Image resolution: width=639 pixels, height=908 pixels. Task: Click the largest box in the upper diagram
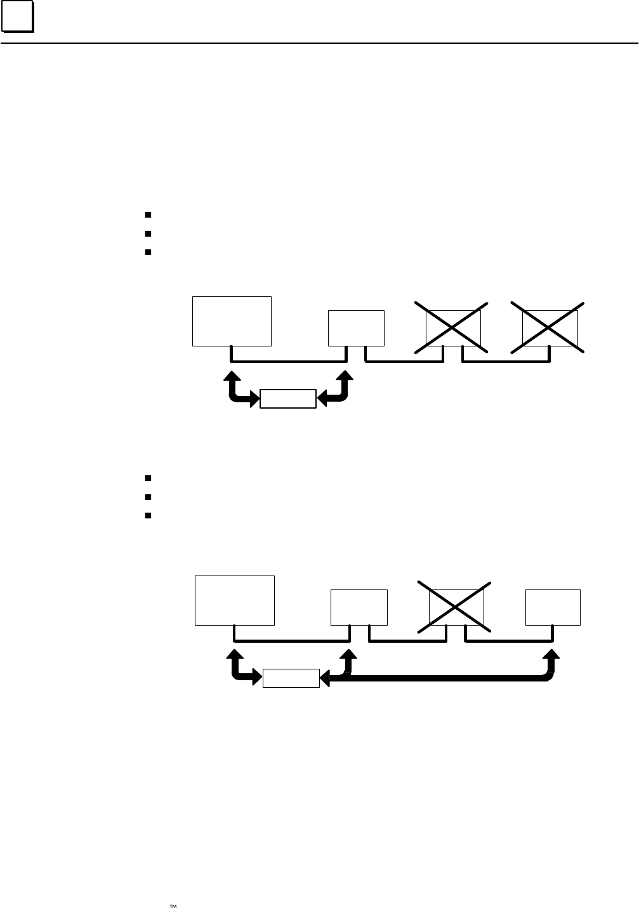pyautogui.click(x=232, y=320)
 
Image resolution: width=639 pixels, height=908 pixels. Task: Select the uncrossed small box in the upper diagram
pyautogui.click(x=356, y=327)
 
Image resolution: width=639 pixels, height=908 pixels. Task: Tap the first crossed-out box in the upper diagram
pyautogui.click(x=452, y=327)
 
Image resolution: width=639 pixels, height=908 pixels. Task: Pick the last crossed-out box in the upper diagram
pyautogui.click(x=550, y=327)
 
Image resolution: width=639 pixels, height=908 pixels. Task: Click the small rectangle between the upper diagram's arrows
pyautogui.click(x=288, y=398)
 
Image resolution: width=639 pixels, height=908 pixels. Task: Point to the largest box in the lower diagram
pyautogui.click(x=235, y=600)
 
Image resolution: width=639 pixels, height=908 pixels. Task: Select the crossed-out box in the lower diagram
pyautogui.click(x=456, y=607)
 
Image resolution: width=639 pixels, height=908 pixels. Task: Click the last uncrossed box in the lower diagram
pyautogui.click(x=553, y=607)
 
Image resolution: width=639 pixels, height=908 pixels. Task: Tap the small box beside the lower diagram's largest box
pyautogui.click(x=359, y=607)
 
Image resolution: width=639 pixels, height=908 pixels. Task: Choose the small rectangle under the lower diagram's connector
pyautogui.click(x=291, y=678)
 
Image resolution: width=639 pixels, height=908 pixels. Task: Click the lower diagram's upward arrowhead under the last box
pyautogui.click(x=550, y=655)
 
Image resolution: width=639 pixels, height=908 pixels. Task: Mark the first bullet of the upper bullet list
pyautogui.click(x=147, y=215)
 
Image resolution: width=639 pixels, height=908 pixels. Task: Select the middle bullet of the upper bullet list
pyautogui.click(x=147, y=234)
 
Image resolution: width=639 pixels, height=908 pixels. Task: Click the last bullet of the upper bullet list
pyautogui.click(x=147, y=252)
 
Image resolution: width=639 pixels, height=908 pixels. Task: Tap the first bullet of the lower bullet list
pyautogui.click(x=147, y=478)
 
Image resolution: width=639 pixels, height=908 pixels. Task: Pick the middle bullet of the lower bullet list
pyautogui.click(x=147, y=497)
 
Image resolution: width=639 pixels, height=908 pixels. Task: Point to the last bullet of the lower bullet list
pyautogui.click(x=147, y=515)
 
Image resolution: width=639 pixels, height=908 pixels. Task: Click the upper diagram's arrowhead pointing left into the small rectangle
pyautogui.click(x=322, y=398)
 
